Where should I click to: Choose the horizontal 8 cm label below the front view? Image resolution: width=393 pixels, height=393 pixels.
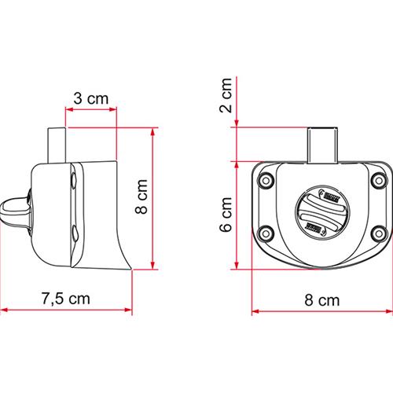[321, 299]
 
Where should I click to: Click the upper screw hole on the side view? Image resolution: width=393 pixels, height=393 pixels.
[74, 181]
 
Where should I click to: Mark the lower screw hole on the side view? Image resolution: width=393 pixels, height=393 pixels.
[74, 233]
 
